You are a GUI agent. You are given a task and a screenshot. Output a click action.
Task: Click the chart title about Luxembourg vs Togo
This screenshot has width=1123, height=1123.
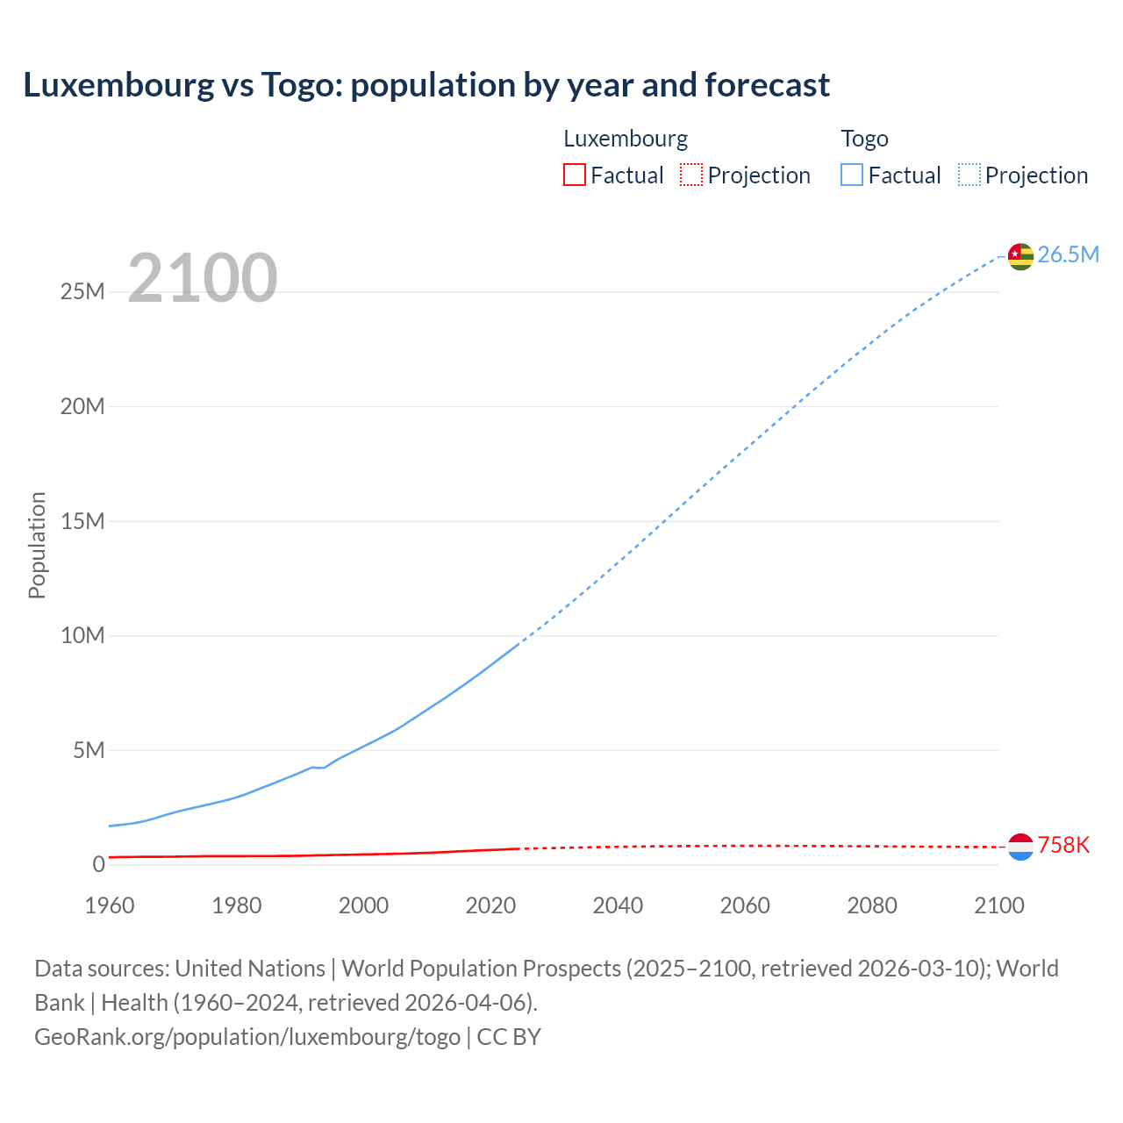coord(426,85)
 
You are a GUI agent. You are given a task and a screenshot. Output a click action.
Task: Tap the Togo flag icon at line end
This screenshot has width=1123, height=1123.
coord(1020,256)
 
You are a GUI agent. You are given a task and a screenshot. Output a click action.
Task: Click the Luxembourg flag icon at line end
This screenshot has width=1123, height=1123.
coord(1020,847)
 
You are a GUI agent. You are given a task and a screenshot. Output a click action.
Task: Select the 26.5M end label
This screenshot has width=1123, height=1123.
coord(1068,254)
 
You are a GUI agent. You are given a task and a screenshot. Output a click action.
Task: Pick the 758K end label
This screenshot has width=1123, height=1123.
coord(1063,845)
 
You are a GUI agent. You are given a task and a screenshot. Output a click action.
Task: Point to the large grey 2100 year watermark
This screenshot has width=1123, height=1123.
coord(203,278)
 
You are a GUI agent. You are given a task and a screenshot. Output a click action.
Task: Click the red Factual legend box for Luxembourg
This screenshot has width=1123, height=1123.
coord(575,175)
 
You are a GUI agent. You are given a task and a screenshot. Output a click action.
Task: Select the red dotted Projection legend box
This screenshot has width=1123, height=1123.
coord(691,175)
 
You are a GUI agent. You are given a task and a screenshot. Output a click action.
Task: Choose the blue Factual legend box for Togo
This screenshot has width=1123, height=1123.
coord(852,175)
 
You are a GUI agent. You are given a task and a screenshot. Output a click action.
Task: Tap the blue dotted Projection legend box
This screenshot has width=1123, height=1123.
coord(969,175)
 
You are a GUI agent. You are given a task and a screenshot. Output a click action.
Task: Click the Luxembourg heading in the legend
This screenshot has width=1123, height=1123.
coord(626,139)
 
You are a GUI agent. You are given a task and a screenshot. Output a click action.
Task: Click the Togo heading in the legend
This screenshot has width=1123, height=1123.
coord(864,139)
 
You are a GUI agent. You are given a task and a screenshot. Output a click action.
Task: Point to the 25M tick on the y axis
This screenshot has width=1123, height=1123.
coord(82,292)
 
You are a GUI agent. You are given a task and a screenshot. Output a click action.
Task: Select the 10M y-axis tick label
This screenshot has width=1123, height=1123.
coord(82,635)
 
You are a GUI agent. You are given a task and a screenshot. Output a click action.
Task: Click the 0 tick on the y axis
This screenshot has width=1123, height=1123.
coord(98,864)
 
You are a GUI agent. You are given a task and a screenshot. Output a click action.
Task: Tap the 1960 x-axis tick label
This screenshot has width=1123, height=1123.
coord(110,905)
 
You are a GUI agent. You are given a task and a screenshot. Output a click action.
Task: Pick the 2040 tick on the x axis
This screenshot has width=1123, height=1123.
coord(618,905)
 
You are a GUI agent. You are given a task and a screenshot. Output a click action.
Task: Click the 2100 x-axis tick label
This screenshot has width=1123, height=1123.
coord(998,905)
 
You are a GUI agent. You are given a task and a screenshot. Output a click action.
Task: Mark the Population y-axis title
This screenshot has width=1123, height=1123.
coord(37,545)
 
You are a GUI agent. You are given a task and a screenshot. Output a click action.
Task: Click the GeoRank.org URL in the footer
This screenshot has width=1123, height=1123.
coord(247,1037)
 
